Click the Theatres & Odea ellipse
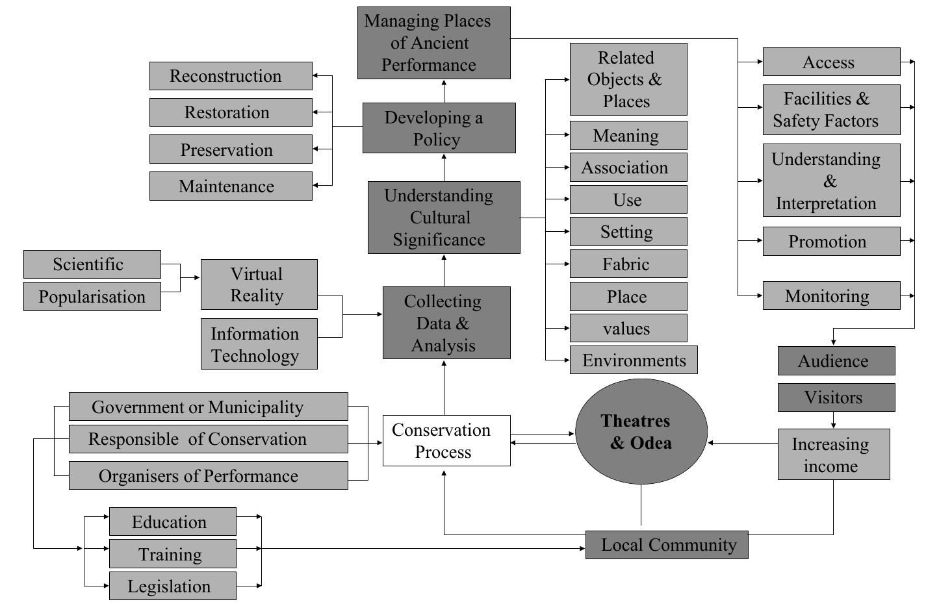pos(641,432)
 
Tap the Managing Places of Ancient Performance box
pos(433,43)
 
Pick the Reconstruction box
pos(231,76)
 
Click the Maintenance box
pos(231,186)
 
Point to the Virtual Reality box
pos(259,284)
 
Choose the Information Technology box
pos(259,344)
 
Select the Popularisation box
pos(92,297)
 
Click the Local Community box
pos(667,545)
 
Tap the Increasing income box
pos(833,455)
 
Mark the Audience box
pos(836,361)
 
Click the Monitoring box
pos(831,296)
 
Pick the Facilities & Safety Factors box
pos(831,110)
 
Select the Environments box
pos(633,360)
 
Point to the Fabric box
pos(628,264)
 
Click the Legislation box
pos(172,586)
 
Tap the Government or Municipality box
pos(208,407)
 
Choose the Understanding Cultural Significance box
pos(444,218)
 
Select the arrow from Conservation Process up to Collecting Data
pos(444,388)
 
